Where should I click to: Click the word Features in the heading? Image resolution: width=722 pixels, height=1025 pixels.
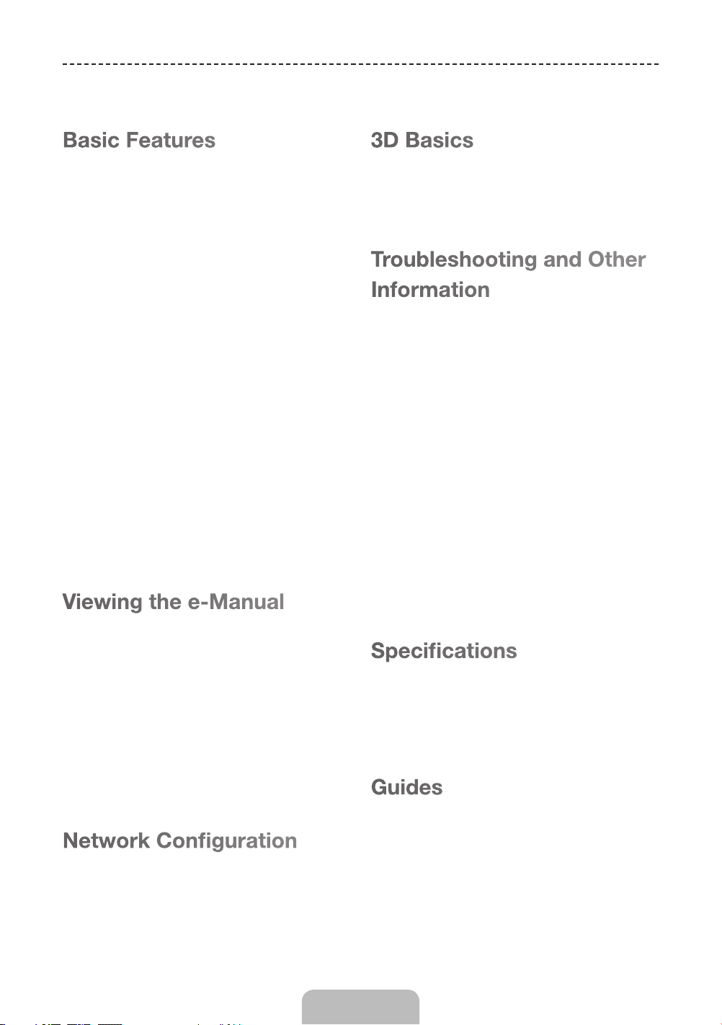[171, 140]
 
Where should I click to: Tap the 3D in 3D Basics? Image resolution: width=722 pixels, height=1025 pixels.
[384, 140]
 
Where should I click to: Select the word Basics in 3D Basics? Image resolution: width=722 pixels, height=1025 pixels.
[440, 140]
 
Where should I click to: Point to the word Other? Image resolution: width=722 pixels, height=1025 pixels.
[617, 259]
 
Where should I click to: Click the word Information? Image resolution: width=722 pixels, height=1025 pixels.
[430, 290]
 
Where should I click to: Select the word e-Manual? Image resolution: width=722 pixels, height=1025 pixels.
[236, 602]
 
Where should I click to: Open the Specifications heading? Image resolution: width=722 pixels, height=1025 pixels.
[444, 652]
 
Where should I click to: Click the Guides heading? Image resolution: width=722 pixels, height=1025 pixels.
[406, 788]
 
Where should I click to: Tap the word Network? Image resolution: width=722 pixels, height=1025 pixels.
[106, 841]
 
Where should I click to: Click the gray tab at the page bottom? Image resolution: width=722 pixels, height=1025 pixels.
[360, 1007]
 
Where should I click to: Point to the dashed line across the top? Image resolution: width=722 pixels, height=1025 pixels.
[360, 64]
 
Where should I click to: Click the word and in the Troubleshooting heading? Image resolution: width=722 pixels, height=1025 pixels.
[562, 259]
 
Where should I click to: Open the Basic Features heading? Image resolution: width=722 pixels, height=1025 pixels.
[139, 140]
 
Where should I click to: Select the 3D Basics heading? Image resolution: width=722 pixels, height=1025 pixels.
[422, 140]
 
